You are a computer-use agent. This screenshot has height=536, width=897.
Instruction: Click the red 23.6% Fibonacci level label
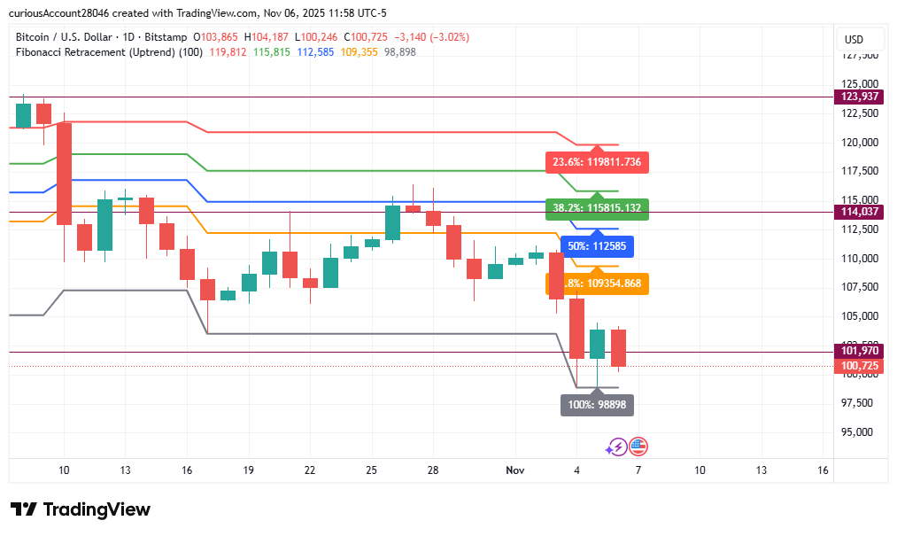point(598,162)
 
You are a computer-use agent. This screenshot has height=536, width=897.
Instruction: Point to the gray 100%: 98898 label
point(598,405)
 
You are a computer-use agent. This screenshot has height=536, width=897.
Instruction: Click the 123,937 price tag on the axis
point(861,97)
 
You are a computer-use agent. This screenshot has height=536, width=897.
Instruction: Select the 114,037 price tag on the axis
point(861,212)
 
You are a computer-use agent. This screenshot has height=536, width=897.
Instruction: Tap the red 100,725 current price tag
point(861,366)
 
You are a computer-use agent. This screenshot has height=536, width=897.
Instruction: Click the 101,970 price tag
point(861,351)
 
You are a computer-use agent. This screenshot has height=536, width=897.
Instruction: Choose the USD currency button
point(854,40)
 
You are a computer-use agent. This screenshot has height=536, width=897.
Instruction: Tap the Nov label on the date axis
point(515,470)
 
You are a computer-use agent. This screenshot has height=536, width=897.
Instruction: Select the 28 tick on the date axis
point(432,470)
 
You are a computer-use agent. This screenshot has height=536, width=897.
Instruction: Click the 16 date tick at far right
point(823,470)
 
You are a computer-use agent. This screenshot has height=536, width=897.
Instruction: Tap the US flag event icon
point(638,447)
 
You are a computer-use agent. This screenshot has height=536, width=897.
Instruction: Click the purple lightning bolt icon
point(617,447)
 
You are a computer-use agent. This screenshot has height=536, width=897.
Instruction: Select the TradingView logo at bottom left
point(81,509)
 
